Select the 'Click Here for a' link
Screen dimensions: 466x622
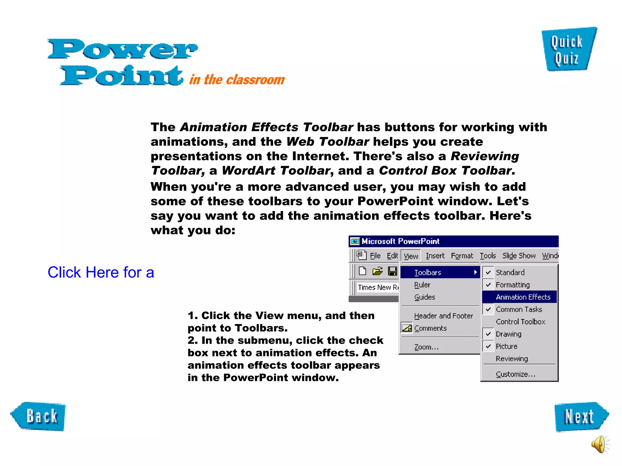(101, 272)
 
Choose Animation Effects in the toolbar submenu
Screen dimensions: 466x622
(523, 297)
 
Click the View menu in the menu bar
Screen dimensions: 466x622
(411, 256)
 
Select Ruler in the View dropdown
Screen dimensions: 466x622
(422, 285)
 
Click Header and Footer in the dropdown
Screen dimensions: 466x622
(443, 316)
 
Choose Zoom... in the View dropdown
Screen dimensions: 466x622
(426, 347)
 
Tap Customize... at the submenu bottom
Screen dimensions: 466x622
(515, 374)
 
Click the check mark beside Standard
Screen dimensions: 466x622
(488, 272)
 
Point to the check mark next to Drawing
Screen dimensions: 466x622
(488, 334)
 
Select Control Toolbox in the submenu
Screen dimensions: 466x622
(520, 322)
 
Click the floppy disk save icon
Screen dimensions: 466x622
(392, 271)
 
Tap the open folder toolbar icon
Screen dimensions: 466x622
(377, 271)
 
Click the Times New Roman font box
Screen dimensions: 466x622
(378, 287)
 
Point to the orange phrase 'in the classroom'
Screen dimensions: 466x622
(237, 80)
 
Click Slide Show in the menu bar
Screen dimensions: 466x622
(519, 256)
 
